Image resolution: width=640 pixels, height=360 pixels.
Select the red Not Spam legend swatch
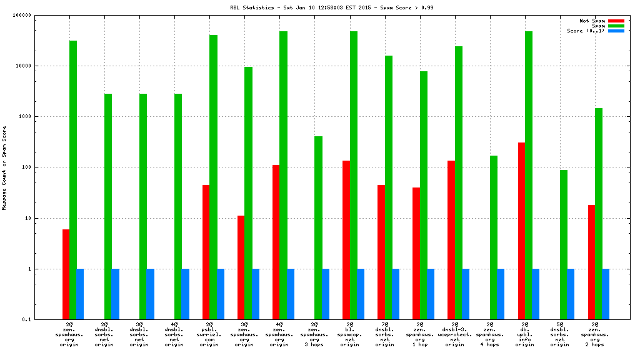click(x=616, y=21)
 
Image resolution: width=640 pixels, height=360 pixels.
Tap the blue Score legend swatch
click(x=616, y=31)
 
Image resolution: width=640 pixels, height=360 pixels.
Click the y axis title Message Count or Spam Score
click(x=5, y=167)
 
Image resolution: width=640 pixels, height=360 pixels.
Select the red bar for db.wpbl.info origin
click(x=521, y=231)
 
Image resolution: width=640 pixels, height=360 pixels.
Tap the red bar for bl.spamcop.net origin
click(x=346, y=240)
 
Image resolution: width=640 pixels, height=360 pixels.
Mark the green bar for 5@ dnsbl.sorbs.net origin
click(x=563, y=244)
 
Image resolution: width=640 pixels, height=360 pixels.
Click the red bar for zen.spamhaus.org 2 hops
click(x=591, y=262)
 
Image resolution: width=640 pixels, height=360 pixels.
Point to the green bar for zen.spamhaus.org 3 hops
click(x=318, y=227)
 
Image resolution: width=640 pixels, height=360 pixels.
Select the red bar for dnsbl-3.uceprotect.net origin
click(x=451, y=240)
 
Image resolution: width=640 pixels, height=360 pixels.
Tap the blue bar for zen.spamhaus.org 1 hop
click(x=431, y=294)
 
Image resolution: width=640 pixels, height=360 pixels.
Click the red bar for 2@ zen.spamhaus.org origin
click(x=66, y=274)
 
